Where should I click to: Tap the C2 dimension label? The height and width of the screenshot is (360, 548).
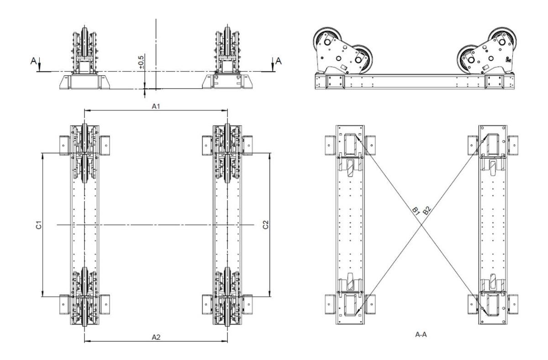266,225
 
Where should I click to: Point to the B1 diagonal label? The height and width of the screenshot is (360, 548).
416,211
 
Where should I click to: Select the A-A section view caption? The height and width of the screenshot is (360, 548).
421,335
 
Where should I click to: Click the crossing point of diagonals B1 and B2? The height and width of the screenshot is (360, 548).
421,222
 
